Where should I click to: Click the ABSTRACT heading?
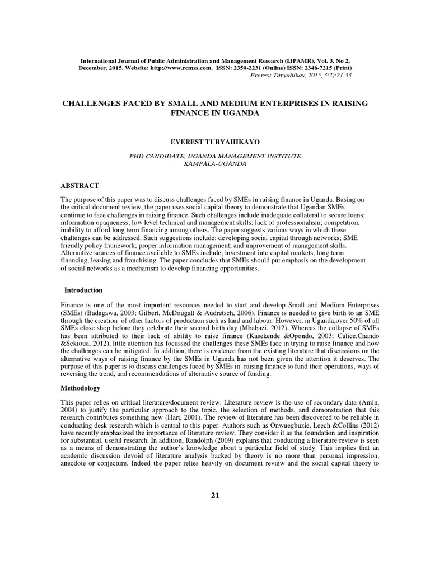80,185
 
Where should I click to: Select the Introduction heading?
83,290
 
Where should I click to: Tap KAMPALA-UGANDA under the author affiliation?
214,165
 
